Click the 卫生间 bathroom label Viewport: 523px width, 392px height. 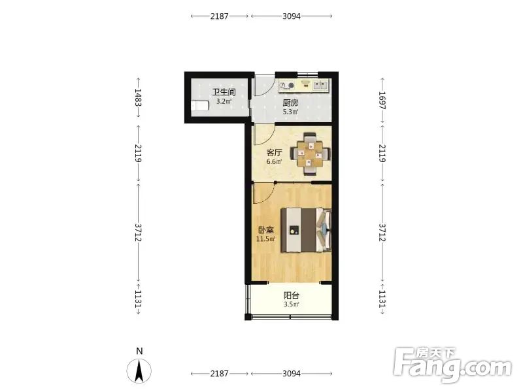pyautogui.click(x=224, y=92)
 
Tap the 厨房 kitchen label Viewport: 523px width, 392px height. pyautogui.click(x=290, y=103)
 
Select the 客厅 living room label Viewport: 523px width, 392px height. pyautogui.click(x=274, y=153)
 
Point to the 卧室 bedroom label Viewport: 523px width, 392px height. pyautogui.click(x=266, y=230)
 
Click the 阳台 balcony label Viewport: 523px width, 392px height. pyautogui.click(x=291, y=295)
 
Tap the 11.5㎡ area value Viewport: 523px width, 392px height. pyautogui.click(x=265, y=238)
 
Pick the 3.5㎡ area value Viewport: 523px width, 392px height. pyautogui.click(x=291, y=304)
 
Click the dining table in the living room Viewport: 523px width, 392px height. pyautogui.click(x=311, y=154)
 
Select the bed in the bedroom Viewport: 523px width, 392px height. pyautogui.click(x=306, y=230)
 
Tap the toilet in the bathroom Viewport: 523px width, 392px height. pyautogui.click(x=200, y=106)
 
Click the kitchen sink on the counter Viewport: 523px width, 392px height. pyautogui.click(x=320, y=85)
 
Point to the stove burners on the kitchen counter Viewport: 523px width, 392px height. pyautogui.click(x=287, y=86)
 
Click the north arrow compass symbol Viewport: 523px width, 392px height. pyautogui.click(x=139, y=370)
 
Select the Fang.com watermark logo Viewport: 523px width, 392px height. pyautogui.click(x=452, y=365)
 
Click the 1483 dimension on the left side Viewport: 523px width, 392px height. pyautogui.click(x=138, y=97)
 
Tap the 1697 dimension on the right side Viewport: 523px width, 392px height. pyautogui.click(x=382, y=101)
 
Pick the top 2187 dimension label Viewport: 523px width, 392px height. pyautogui.click(x=219, y=16)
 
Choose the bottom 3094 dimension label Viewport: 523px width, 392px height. pyautogui.click(x=292, y=374)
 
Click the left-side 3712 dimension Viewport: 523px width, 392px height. pyautogui.click(x=138, y=233)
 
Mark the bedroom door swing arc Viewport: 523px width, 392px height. pyautogui.click(x=269, y=196)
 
